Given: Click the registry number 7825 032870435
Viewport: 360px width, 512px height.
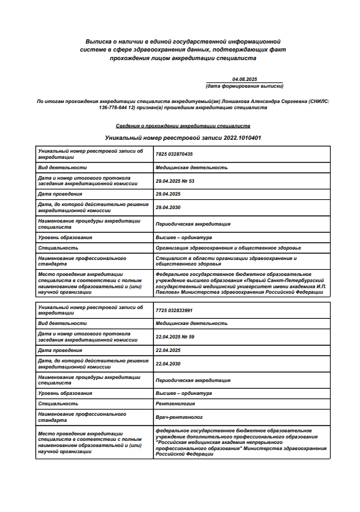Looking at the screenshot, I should coord(174,153).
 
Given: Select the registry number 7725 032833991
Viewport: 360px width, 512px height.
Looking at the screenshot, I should coord(174,310).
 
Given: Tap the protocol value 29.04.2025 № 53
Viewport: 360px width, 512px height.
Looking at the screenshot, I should coord(175,181).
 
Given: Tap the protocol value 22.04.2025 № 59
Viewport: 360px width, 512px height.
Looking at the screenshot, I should coord(175,337).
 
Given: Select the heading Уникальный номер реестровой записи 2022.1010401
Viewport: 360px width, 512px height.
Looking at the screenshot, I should coord(183,138).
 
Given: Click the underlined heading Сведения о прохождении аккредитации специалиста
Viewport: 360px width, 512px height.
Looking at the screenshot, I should coord(183,125).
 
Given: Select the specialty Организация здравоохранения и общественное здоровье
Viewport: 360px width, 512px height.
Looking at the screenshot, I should coord(228,248).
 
